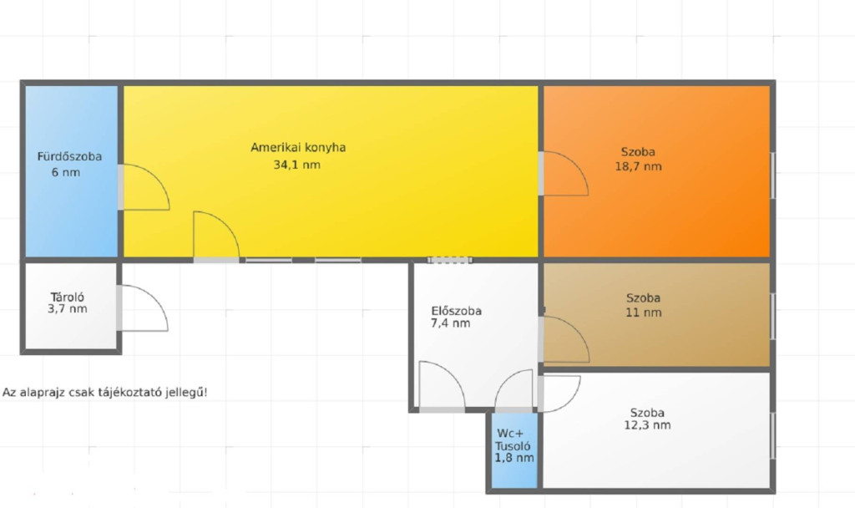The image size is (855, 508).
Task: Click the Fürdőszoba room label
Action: pyautogui.click(x=69, y=156)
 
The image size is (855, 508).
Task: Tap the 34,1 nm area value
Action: pyautogui.click(x=296, y=165)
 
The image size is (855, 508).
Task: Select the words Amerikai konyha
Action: pyautogui.click(x=298, y=147)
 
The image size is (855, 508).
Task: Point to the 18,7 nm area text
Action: pyautogui.click(x=639, y=166)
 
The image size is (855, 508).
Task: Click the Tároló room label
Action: pyautogui.click(x=67, y=297)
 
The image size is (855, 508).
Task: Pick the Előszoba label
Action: pyautogui.click(x=457, y=311)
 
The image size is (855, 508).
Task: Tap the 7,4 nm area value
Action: pyautogui.click(x=450, y=323)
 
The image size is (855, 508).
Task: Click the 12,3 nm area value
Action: pyautogui.click(x=647, y=425)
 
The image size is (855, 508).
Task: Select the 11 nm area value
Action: pyautogui.click(x=644, y=312)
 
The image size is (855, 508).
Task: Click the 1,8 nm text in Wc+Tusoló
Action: pyautogui.click(x=514, y=458)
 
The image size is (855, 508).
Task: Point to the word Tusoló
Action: pyautogui.click(x=513, y=446)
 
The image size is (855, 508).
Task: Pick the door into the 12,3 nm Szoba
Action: pyautogui.click(x=559, y=394)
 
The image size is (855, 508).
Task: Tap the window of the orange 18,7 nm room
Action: pyautogui.click(x=772, y=175)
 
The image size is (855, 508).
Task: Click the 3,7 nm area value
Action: pyautogui.click(x=68, y=309)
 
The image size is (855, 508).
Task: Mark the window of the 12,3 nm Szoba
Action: pyautogui.click(x=772, y=436)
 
